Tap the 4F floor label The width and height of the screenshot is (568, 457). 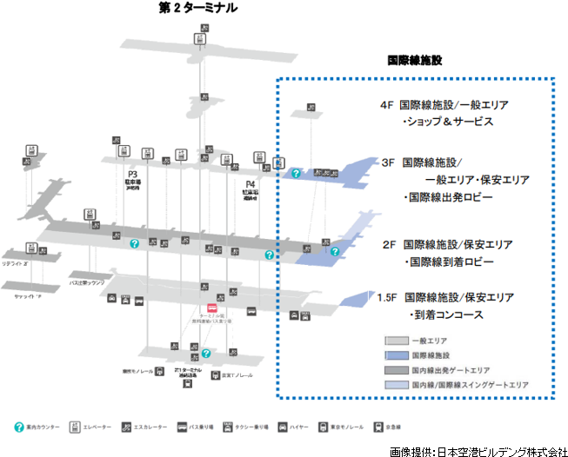(388, 104)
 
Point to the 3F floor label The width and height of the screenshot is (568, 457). (389, 162)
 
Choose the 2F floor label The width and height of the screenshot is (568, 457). (389, 244)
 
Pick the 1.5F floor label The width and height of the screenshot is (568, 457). (387, 297)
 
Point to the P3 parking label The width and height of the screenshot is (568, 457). (133, 173)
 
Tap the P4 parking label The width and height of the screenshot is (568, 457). (251, 184)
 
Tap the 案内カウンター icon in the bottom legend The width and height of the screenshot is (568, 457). (19, 427)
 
